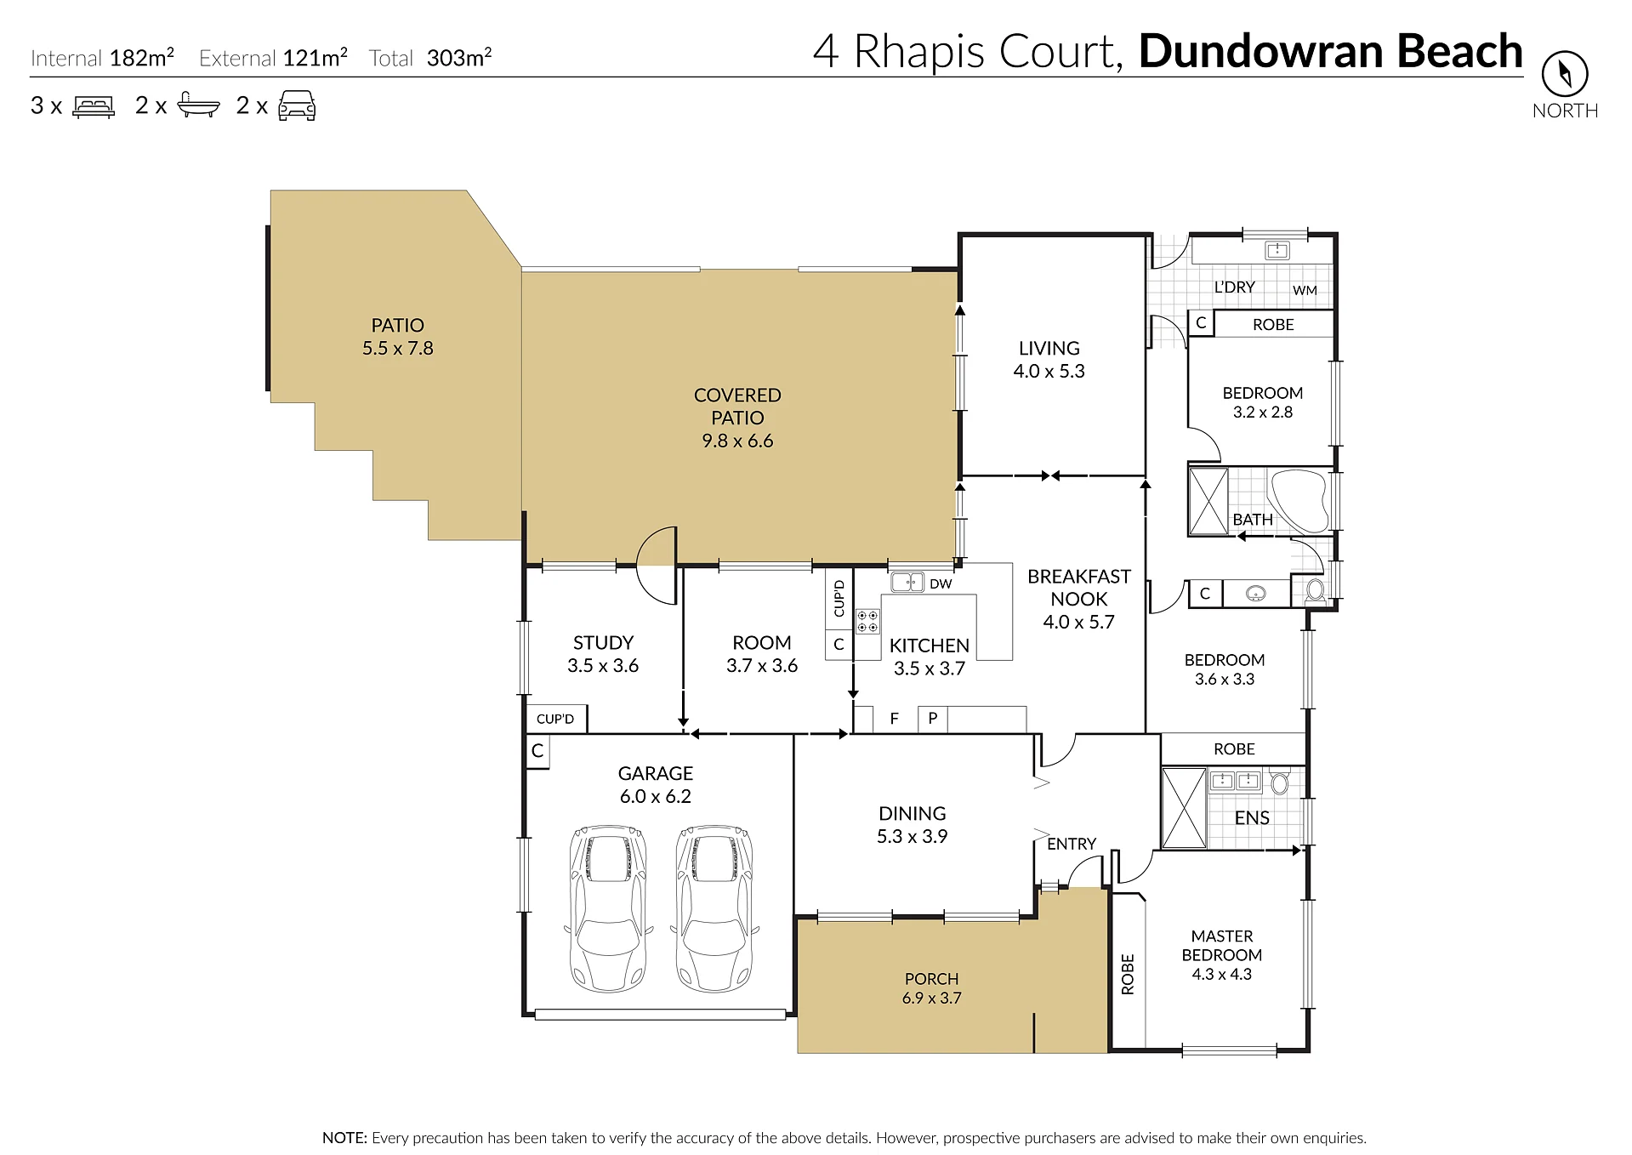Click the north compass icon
click(x=1564, y=74)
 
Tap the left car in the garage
click(x=607, y=907)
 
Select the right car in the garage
click(x=714, y=907)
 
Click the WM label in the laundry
click(x=1305, y=290)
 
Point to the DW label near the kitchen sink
click(x=941, y=583)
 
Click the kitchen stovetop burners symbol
click(x=867, y=621)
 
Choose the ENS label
click(x=1252, y=817)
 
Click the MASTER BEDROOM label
click(x=1222, y=945)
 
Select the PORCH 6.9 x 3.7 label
click(x=932, y=988)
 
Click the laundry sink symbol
click(x=1277, y=250)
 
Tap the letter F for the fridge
click(x=894, y=719)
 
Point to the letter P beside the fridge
click(x=933, y=718)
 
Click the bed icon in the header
click(x=94, y=106)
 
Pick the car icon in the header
click(x=297, y=106)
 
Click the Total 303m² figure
click(x=430, y=58)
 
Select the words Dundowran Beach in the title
click(x=1330, y=51)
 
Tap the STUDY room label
click(x=603, y=642)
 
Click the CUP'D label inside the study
click(x=555, y=719)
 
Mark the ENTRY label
click(x=1072, y=844)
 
